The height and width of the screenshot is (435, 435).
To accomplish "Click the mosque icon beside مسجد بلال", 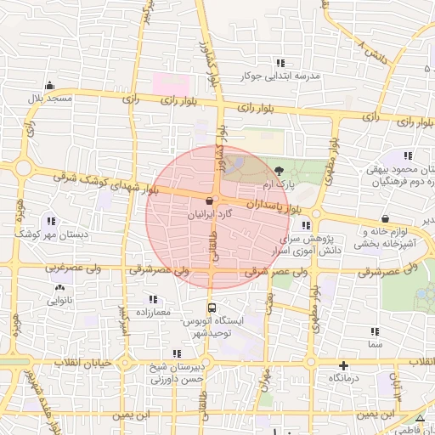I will [51, 85].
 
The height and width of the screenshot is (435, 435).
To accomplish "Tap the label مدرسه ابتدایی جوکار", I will [281, 76].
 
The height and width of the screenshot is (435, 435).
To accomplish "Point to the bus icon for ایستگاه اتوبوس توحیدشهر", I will [211, 308].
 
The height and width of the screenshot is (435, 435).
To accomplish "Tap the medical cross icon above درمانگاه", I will [343, 364].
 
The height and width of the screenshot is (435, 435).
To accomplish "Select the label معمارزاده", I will [153, 312].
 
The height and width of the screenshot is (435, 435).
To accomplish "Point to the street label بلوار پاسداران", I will [271, 206].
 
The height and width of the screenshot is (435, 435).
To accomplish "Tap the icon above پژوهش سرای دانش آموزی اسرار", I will [306, 225].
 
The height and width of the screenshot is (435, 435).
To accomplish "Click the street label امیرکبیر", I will [124, 319].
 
